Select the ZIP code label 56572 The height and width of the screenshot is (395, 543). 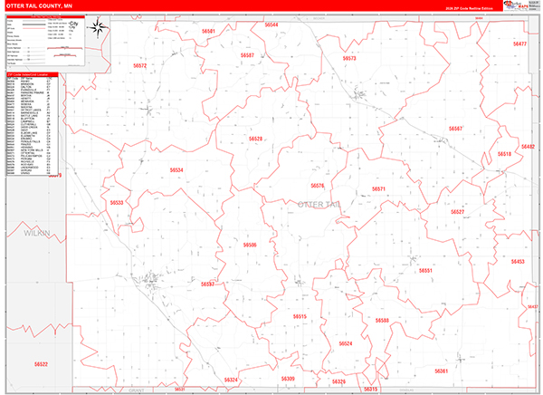pyautogui.click(x=139, y=66)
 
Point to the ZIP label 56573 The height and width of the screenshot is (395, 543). pyautogui.click(x=349, y=58)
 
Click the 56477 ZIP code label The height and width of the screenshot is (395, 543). pyautogui.click(x=519, y=44)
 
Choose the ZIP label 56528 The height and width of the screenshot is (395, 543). pyautogui.click(x=255, y=139)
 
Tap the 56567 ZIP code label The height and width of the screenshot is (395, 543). pyautogui.click(x=455, y=129)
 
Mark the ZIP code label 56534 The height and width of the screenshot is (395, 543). pyautogui.click(x=176, y=169)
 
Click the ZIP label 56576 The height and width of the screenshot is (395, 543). pyautogui.click(x=317, y=186)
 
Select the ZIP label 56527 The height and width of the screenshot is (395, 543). pyautogui.click(x=458, y=212)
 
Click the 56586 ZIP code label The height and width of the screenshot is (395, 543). pyautogui.click(x=250, y=245)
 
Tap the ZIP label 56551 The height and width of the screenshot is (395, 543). pyautogui.click(x=425, y=271)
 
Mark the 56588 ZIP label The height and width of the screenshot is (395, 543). pyautogui.click(x=382, y=321)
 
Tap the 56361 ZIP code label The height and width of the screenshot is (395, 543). pyautogui.click(x=442, y=371)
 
